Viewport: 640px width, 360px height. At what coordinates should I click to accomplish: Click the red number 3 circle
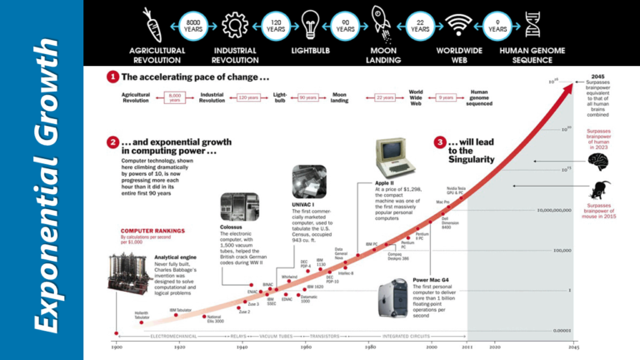440,142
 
